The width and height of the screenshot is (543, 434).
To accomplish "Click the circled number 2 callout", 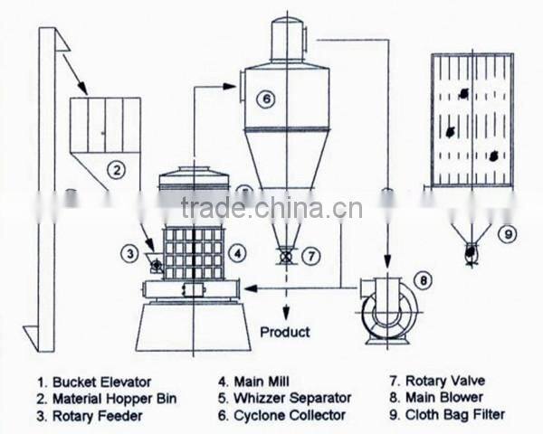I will [115, 167].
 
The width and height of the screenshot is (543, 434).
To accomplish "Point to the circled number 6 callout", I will [265, 100].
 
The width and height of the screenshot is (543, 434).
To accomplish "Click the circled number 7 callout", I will [310, 257].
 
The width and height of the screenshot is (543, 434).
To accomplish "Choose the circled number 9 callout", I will [510, 234].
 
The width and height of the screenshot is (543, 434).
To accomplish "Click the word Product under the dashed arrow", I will [286, 331].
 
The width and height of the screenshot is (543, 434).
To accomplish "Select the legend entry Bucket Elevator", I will [94, 382].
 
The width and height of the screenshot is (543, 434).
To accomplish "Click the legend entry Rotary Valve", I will [440, 382].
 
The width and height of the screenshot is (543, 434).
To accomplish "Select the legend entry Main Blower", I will [438, 398].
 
